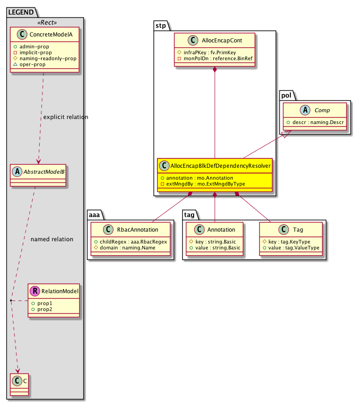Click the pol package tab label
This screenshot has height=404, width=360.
pos(287,95)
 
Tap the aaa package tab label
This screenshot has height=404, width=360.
pos(95,213)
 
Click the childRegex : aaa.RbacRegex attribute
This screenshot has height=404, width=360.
pos(131,241)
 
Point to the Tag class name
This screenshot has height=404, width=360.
pos(298,229)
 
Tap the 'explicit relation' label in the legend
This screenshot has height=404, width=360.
pos(66,117)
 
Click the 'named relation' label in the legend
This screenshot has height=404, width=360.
pos(51,239)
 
